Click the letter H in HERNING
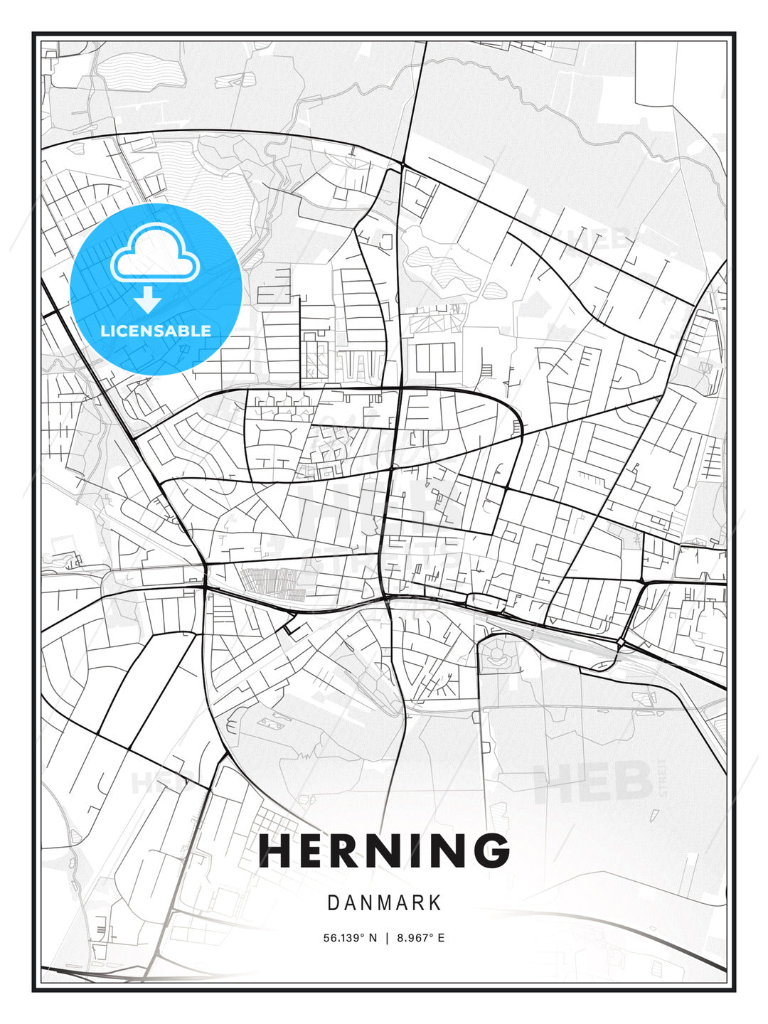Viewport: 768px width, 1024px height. (x=274, y=850)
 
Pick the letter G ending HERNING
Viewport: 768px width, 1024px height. (x=490, y=850)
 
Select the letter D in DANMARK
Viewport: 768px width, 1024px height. (x=333, y=903)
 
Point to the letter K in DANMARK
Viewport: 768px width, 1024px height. (x=435, y=903)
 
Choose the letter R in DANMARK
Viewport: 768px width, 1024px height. (x=419, y=903)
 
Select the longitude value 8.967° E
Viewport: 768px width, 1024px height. (x=421, y=938)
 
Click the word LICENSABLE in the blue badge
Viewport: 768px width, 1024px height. (x=156, y=331)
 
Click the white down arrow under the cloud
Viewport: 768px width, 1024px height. (x=148, y=300)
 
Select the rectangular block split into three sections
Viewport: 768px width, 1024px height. (x=435, y=357)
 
